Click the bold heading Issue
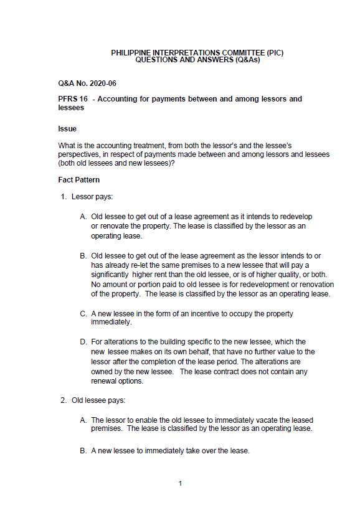point(67,129)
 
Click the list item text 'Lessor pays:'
point(92,197)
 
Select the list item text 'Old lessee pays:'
point(98,400)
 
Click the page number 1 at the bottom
point(180,483)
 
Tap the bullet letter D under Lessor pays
point(83,342)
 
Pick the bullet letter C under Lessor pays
point(83,314)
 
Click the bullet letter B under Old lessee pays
point(83,450)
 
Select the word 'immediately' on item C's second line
point(111,323)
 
